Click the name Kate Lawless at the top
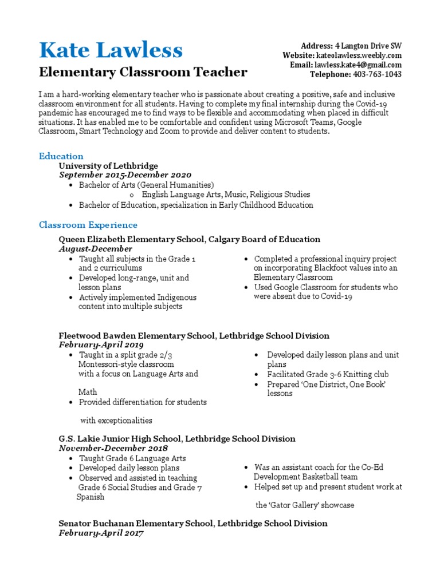point(111,50)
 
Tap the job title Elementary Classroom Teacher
point(143,72)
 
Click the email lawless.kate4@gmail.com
point(358,65)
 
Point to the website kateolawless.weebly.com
point(359,56)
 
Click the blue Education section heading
point(61,156)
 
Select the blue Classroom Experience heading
point(88,225)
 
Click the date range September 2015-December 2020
point(125,175)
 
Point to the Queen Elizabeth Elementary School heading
point(190,239)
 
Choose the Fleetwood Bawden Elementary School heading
point(194,335)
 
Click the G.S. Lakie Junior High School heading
point(177,439)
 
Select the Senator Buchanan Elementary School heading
point(193,524)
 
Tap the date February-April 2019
point(101,345)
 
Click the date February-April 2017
point(101,533)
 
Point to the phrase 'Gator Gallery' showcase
point(305,505)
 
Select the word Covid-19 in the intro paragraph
point(378,104)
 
